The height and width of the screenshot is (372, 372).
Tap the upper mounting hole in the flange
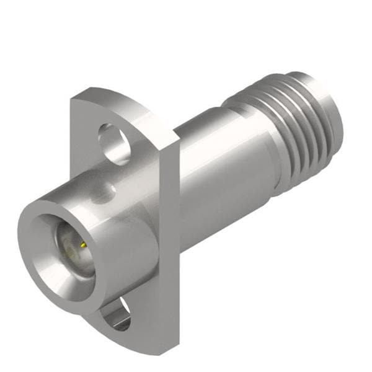pos(113,144)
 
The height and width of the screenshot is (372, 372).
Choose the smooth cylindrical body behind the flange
pos(223,180)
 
